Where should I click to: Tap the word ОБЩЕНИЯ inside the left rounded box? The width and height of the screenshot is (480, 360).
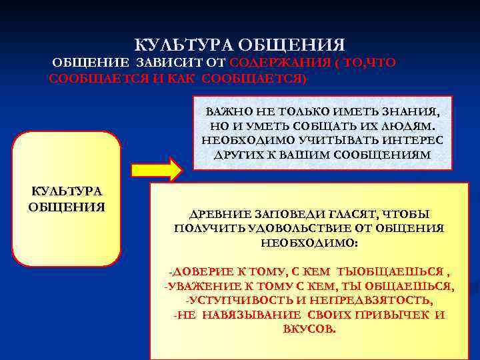(x=67, y=205)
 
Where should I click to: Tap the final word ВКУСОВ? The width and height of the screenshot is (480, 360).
(x=309, y=330)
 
